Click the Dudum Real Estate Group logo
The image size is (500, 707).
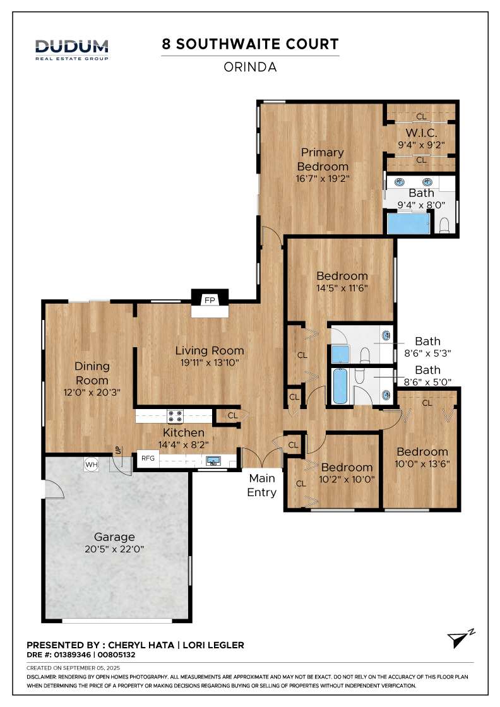click(x=72, y=50)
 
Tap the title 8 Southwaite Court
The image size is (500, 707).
click(x=250, y=44)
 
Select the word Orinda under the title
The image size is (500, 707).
click(x=250, y=67)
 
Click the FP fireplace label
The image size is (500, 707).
click(x=210, y=300)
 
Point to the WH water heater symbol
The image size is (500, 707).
click(x=92, y=465)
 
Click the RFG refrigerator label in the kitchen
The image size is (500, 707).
click(x=148, y=458)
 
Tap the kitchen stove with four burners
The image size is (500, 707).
click(x=175, y=416)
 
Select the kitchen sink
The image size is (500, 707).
click(x=213, y=461)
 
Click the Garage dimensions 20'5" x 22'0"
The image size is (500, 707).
click(x=114, y=549)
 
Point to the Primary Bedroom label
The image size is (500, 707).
click(x=323, y=159)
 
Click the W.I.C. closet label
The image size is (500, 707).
click(x=421, y=133)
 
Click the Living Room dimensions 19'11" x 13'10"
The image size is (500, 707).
click(x=210, y=362)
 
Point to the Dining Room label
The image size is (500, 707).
click(x=92, y=373)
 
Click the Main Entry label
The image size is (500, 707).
click(x=262, y=485)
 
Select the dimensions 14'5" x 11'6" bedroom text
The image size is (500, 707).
click(x=342, y=288)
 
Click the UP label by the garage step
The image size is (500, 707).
click(x=117, y=451)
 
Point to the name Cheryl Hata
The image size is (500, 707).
click(x=141, y=645)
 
